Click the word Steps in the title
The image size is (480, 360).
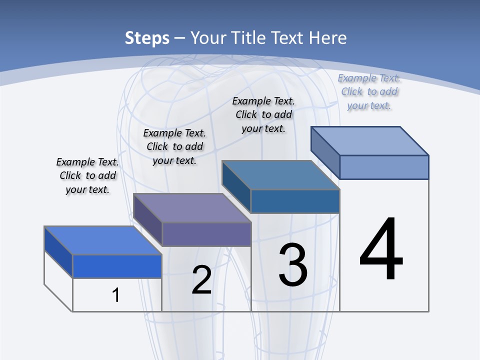click(147, 38)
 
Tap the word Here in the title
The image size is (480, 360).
click(328, 38)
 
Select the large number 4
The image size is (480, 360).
click(381, 248)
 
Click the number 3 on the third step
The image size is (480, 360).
click(293, 265)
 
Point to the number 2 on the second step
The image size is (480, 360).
click(201, 280)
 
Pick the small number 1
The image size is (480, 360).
click(116, 295)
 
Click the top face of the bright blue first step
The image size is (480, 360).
click(102, 240)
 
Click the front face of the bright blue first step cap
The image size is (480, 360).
click(117, 266)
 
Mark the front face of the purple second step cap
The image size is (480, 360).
click(206, 234)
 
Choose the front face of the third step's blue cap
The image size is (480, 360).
click(295, 201)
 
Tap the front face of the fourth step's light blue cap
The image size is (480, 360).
click(384, 167)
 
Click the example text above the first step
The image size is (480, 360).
click(87, 175)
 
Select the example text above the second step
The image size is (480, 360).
click(174, 146)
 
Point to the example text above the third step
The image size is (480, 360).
click(263, 114)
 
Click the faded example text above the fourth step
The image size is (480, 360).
click(369, 91)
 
